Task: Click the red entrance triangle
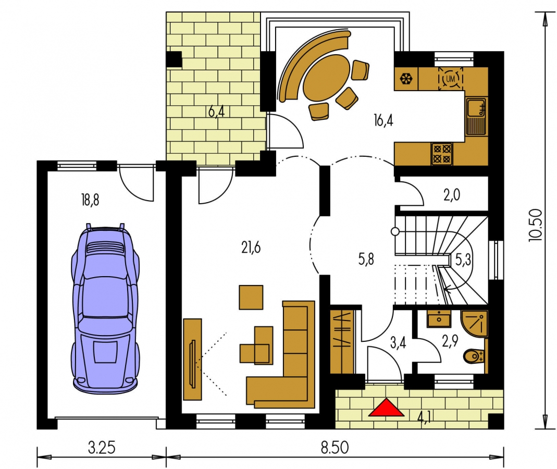[x=386, y=408]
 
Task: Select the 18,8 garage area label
[x=90, y=201]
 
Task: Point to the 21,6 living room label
[x=251, y=247]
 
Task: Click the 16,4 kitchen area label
[x=383, y=120]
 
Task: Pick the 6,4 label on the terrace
[x=216, y=112]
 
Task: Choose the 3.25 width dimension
[x=102, y=448]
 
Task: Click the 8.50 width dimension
[x=335, y=448]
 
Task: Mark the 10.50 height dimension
[x=536, y=225]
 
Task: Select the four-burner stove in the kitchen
[x=442, y=154]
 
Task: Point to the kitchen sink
[x=476, y=117]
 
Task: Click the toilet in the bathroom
[x=474, y=356]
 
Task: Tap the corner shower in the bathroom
[x=474, y=323]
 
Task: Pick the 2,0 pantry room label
[x=452, y=195]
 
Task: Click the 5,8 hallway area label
[x=366, y=260]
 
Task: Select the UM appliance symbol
[x=450, y=79]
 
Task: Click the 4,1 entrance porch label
[x=424, y=417]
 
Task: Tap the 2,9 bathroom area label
[x=450, y=341]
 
